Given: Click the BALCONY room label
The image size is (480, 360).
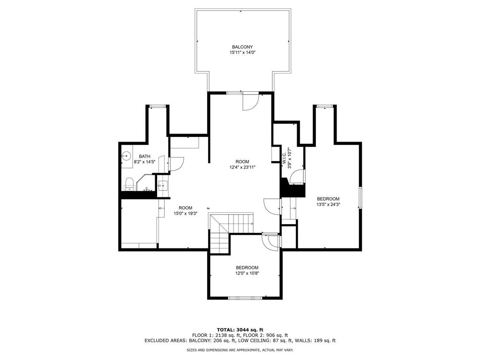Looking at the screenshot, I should (242, 47).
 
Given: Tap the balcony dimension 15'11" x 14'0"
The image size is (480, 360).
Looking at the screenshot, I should (242, 52).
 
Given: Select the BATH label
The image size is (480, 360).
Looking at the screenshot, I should (144, 157).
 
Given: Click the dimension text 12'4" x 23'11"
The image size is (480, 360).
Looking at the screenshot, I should (242, 167).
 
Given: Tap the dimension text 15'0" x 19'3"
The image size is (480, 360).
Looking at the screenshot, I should (185, 213).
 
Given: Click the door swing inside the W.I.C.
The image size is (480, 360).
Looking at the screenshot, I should (297, 176).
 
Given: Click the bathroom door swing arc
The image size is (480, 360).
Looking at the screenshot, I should (177, 163).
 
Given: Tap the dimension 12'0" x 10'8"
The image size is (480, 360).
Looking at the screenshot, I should (247, 273).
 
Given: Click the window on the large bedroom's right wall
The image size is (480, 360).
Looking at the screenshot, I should (360, 197).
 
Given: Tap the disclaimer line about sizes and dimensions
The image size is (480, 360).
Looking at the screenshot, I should (240, 350).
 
